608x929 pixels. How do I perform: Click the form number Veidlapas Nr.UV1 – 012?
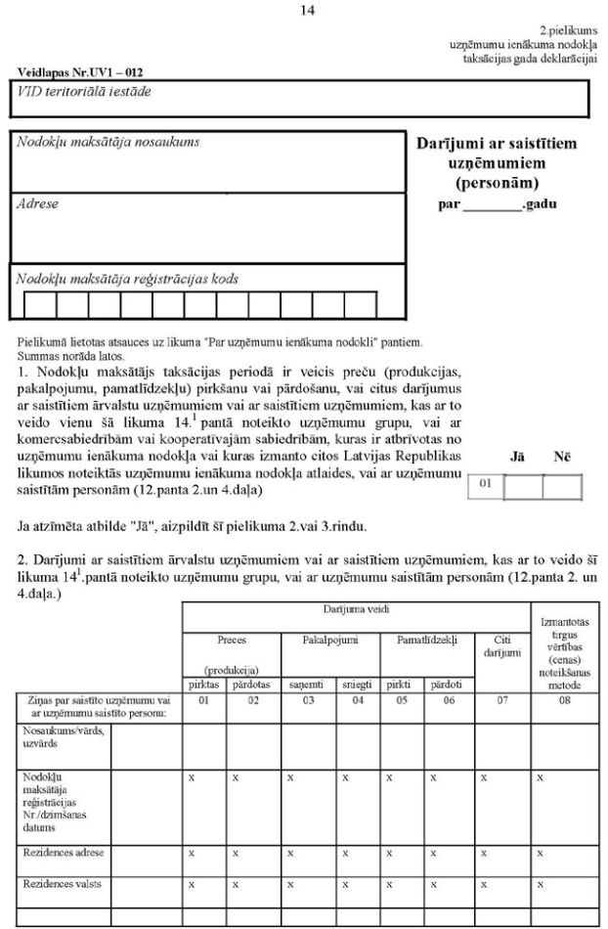[x=74, y=72]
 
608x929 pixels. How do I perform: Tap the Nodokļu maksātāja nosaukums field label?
[x=108, y=142]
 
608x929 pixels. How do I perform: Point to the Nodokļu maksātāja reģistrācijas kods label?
[x=127, y=279]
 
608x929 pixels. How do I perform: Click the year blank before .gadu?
[x=492, y=206]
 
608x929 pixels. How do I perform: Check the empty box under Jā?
[x=522, y=487]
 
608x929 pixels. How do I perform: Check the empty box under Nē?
[x=561, y=487]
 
